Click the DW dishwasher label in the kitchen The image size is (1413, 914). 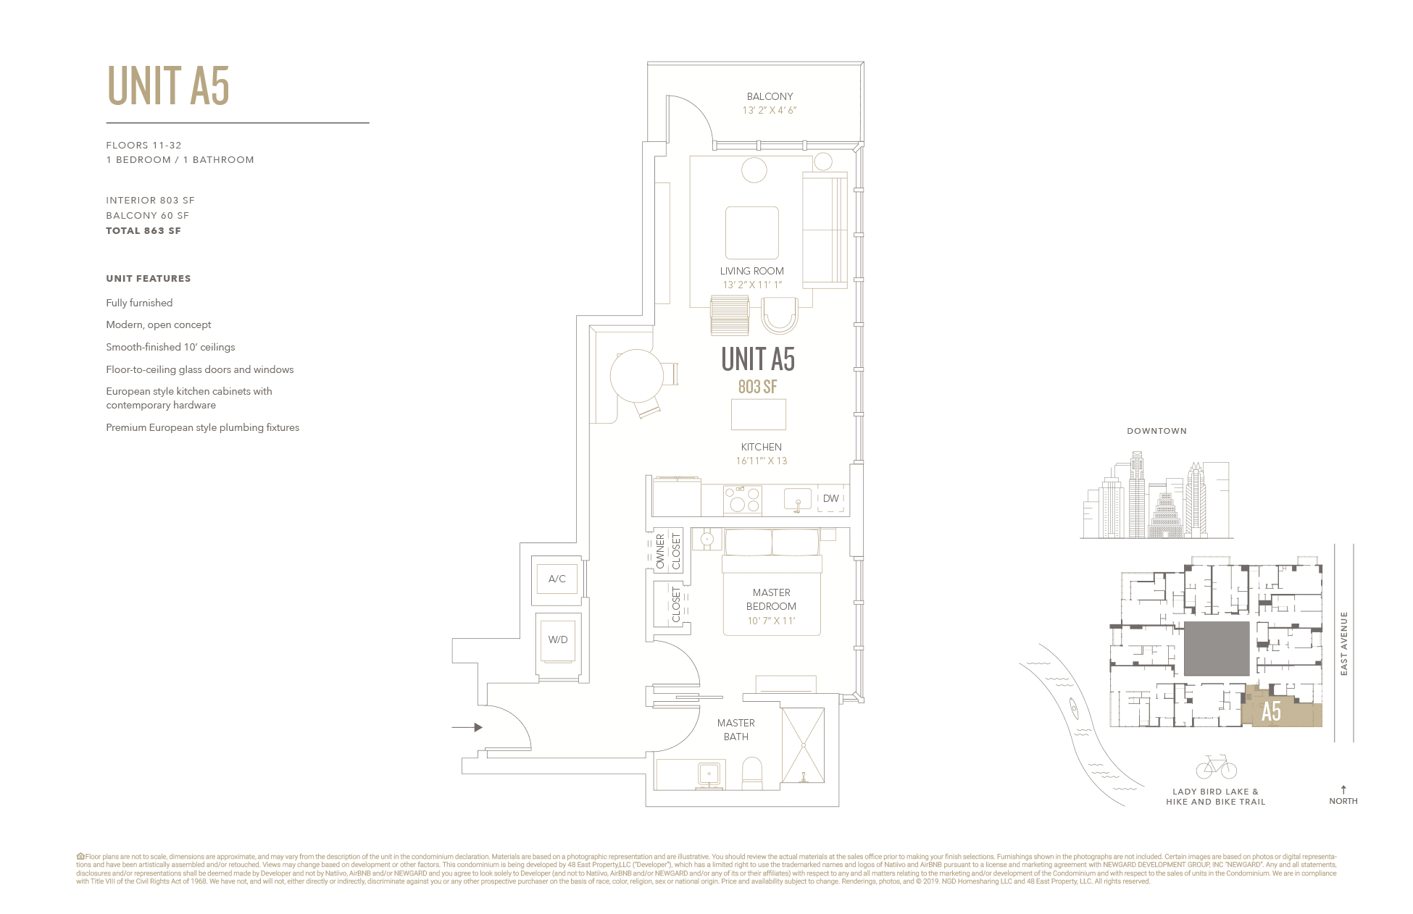(x=830, y=498)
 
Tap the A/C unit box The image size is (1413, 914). (x=557, y=579)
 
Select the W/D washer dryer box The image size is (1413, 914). (x=557, y=640)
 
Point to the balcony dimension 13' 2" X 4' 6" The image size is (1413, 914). (x=769, y=111)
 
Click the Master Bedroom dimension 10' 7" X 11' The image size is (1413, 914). (x=771, y=621)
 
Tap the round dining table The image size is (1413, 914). (x=636, y=376)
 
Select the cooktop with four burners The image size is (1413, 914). (x=742, y=500)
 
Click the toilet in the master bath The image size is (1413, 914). (x=752, y=773)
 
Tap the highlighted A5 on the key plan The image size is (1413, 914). (x=1271, y=712)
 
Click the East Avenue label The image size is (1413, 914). (x=1344, y=644)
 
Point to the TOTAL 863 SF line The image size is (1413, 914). (x=143, y=231)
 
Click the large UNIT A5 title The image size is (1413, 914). (x=168, y=86)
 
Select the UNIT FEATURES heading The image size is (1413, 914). (x=149, y=279)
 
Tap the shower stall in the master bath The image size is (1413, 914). (x=803, y=745)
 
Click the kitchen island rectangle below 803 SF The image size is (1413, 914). (x=758, y=415)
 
